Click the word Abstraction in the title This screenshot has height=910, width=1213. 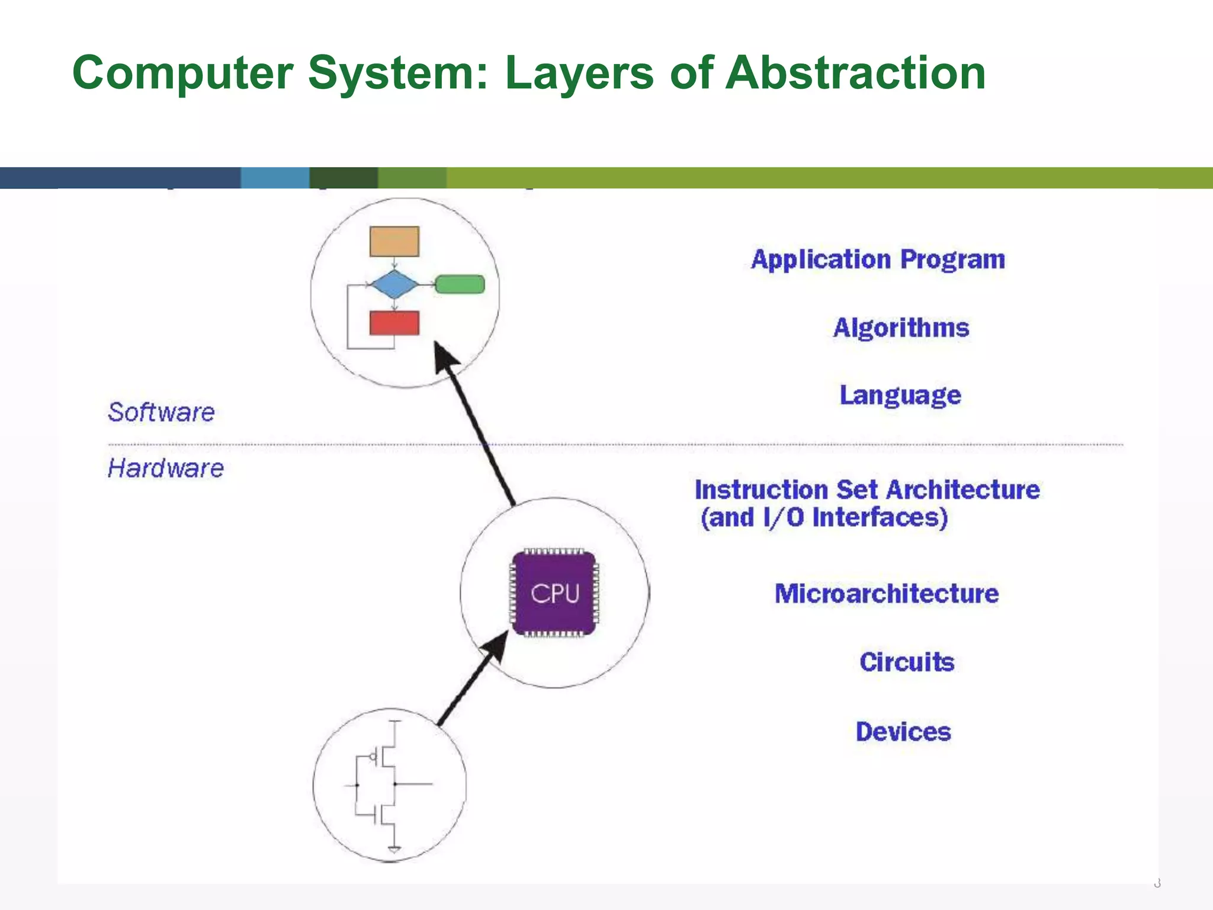point(855,72)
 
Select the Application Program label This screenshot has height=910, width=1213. point(878,259)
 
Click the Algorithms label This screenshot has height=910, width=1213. point(901,328)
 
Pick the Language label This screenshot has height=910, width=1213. point(900,395)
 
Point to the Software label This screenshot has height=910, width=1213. point(161,412)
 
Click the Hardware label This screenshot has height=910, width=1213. point(166,468)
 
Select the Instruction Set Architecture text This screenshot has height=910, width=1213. point(867,490)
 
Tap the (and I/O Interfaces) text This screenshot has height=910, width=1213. point(824,518)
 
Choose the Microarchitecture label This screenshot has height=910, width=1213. point(887,594)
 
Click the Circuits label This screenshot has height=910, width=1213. point(907,662)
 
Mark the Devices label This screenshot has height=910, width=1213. point(903,732)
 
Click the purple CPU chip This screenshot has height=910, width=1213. point(554,592)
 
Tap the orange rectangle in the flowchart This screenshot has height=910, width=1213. point(394,241)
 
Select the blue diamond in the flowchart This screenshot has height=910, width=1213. point(394,284)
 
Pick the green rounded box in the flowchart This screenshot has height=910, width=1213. point(460,284)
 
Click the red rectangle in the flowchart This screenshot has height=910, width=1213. point(394,323)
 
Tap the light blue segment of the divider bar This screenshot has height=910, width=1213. point(275,178)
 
